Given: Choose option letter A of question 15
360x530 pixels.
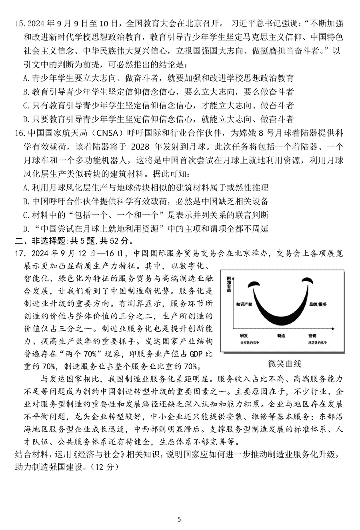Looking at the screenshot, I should (x=26, y=78).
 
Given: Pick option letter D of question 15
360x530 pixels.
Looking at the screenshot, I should (x=26, y=119).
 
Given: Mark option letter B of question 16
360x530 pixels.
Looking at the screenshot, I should (x=26, y=201).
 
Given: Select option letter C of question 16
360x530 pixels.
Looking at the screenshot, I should (x=26, y=215).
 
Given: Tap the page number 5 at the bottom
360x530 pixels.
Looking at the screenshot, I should (x=179, y=508).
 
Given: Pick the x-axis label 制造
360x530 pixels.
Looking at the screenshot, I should (x=281, y=336).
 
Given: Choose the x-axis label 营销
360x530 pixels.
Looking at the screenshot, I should (x=312, y=336).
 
